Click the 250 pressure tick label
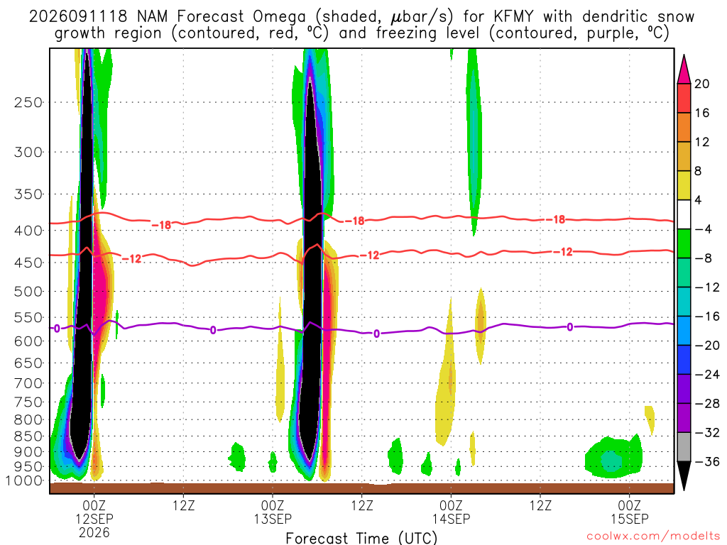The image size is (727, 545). (28, 102)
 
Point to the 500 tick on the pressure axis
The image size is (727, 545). (28, 292)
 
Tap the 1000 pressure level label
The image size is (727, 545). (24, 481)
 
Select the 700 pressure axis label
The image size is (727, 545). (28, 383)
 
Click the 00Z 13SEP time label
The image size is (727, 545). (273, 512)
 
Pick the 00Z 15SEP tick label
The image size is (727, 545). (630, 512)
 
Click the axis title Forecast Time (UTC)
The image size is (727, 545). (361, 538)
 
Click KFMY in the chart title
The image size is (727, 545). (513, 17)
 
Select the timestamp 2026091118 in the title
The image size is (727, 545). (78, 17)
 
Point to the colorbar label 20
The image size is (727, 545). (702, 84)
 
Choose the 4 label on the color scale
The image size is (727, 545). (699, 200)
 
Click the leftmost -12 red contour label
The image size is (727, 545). (131, 258)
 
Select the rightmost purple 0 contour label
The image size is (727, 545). (570, 327)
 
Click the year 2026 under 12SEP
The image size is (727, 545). (94, 532)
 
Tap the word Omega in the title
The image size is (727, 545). (280, 18)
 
